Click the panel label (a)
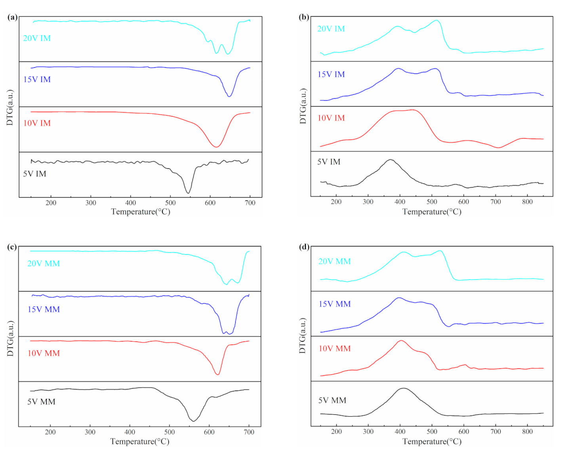tap(12, 17)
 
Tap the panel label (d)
tap(304, 247)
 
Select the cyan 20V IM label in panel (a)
tap(37, 38)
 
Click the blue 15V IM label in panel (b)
tap(331, 74)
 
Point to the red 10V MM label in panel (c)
tap(44, 353)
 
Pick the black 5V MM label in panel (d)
tap(332, 401)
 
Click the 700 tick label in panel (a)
tap(250, 203)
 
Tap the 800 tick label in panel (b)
tap(527, 202)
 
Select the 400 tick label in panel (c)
tap(130, 432)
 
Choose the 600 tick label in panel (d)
tap(464, 431)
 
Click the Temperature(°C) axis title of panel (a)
tap(141, 212)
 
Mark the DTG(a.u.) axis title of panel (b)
tap(303, 106)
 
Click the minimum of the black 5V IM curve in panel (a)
tap(188, 193)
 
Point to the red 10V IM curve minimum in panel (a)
tap(216, 147)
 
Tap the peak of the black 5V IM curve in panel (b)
tap(391, 160)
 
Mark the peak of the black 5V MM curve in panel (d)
tap(403, 388)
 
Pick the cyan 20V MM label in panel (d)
tap(335, 261)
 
